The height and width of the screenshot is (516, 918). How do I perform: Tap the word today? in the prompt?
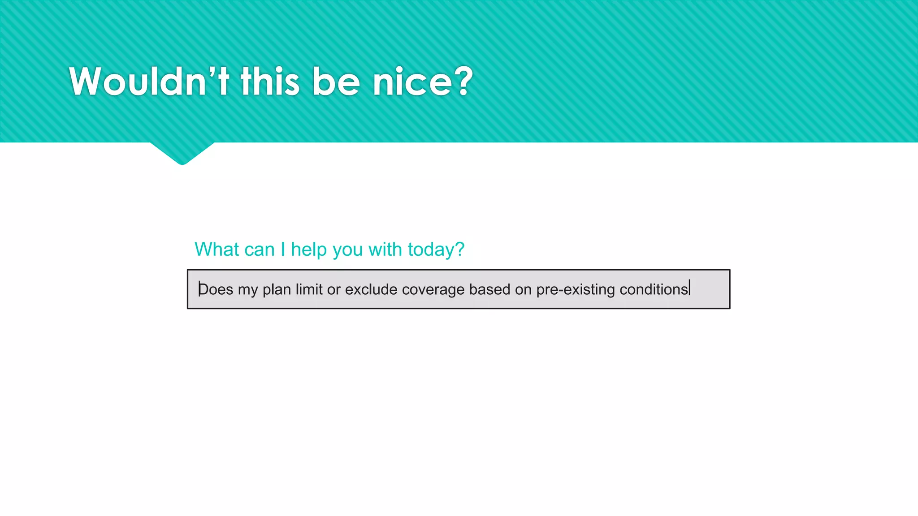pos(436,249)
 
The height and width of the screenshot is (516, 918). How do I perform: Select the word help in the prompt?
pos(309,249)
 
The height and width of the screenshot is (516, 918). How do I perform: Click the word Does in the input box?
pos(216,289)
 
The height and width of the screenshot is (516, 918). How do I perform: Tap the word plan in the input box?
pos(277,289)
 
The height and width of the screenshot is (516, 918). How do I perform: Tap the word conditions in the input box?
pos(654,289)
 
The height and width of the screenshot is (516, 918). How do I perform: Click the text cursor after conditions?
pos(690,288)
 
